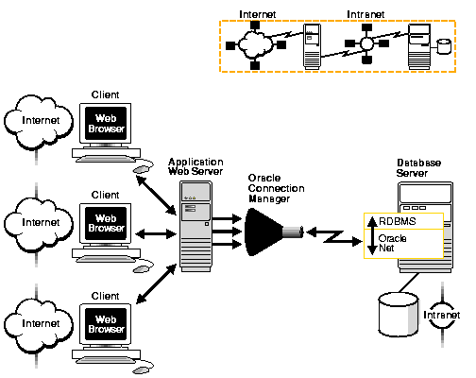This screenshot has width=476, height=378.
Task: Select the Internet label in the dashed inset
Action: tap(257, 14)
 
